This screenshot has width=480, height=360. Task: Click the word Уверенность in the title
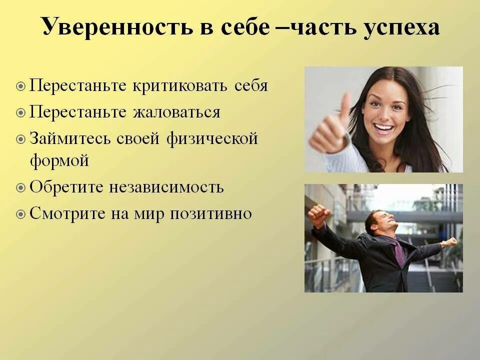116,27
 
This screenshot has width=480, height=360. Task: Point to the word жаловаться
176,112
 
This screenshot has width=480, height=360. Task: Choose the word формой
59,161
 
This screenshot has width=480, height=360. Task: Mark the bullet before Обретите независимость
20,188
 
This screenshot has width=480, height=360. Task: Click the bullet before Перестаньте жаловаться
20,112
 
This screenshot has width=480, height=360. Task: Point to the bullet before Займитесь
20,138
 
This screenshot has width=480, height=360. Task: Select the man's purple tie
398,252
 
